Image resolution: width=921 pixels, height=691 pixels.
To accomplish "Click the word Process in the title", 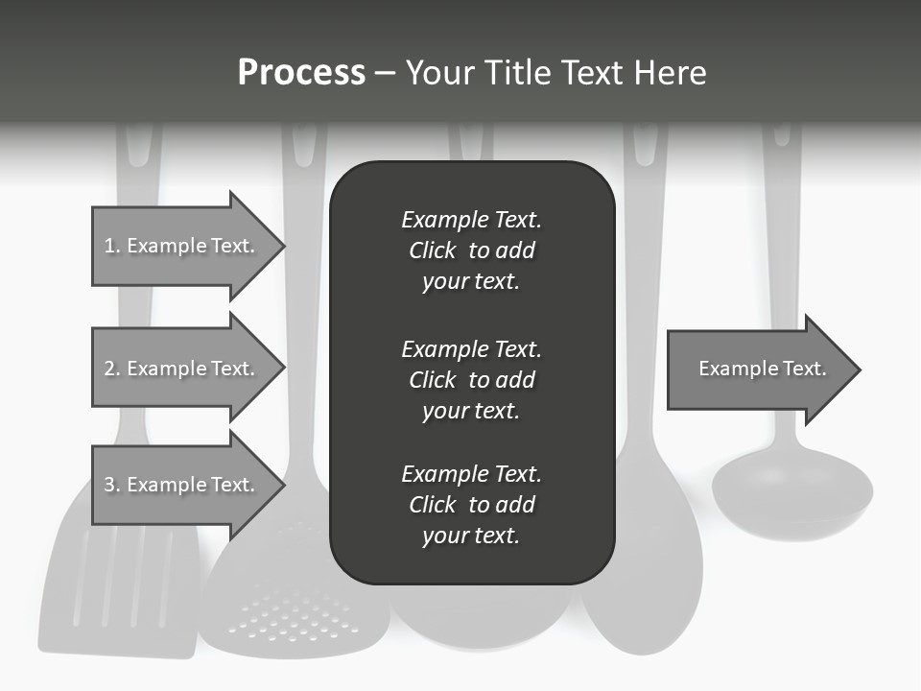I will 301,73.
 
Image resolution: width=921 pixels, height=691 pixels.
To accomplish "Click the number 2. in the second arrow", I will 111,369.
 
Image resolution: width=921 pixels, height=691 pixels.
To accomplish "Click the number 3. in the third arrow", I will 111,485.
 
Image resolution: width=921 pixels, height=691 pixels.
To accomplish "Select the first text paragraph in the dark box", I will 471,250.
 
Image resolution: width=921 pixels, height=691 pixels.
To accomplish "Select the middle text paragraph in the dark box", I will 471,380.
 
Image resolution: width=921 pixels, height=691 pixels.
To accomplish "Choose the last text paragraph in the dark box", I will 471,505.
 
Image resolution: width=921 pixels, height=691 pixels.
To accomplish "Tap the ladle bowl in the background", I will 791,494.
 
